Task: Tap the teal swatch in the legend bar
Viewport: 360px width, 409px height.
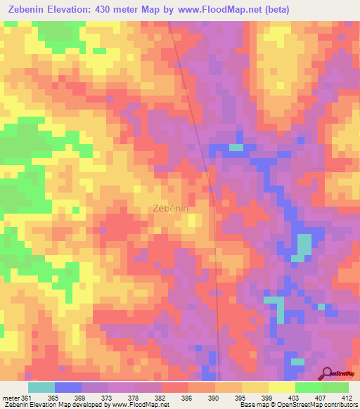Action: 41,387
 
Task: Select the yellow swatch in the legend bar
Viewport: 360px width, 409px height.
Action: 282,387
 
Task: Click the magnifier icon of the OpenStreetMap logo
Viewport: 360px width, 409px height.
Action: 327,372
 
